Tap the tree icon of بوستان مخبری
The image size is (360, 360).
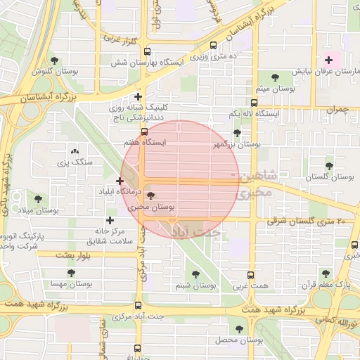pos(153,197)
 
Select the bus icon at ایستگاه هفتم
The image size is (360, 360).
pos(144,131)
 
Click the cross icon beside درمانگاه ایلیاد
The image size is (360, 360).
pos(120,181)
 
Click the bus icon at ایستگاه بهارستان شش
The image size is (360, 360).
pos(147,51)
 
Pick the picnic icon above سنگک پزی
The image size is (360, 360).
pos(75,151)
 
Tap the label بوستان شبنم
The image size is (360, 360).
pos(195,285)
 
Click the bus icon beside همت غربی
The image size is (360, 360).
pos(252,275)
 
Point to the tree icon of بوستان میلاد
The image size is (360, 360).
pos(37,200)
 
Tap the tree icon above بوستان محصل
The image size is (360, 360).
pos(239,328)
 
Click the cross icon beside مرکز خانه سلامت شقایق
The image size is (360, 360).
pos(109,220)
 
